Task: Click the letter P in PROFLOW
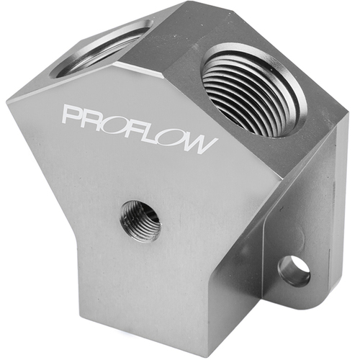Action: click(72, 116)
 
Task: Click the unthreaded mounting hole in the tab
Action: click(293, 270)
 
